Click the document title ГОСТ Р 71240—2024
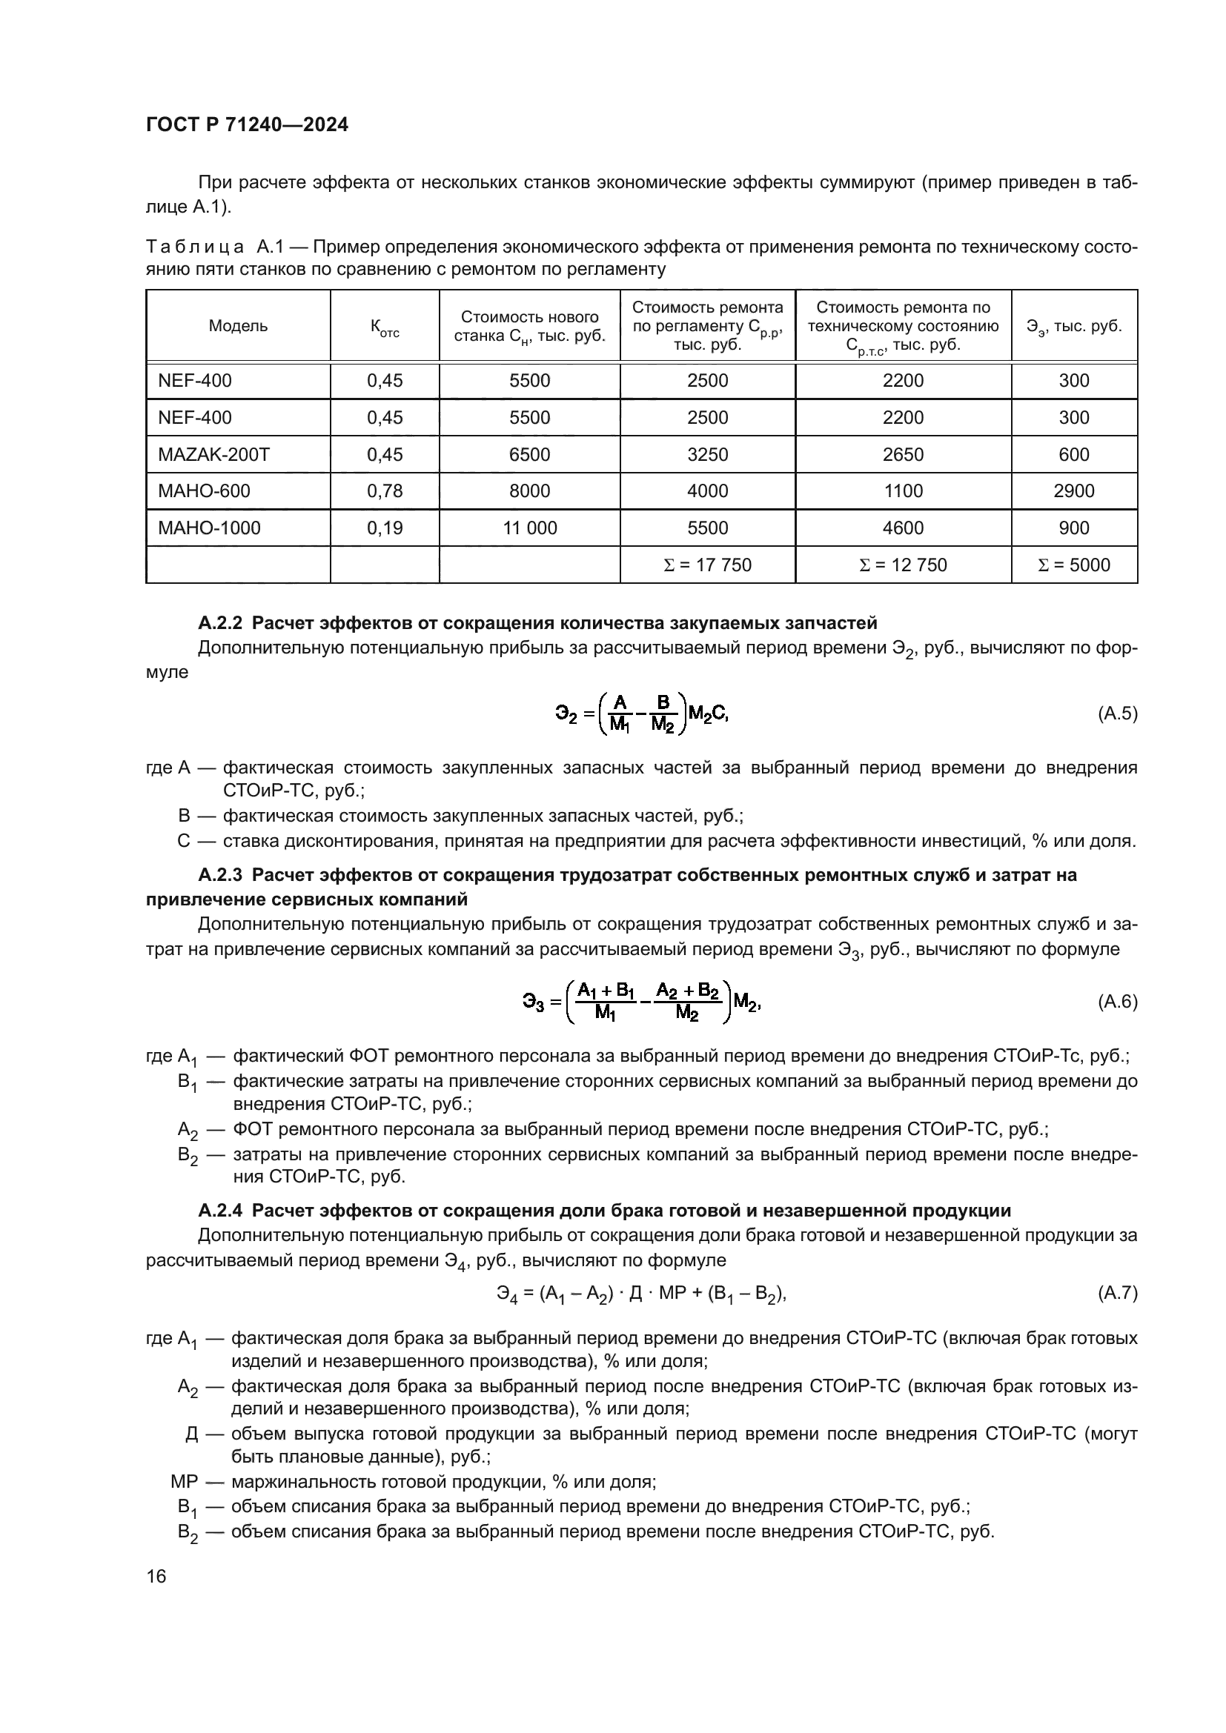point(247,125)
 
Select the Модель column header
point(238,326)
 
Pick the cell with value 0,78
point(384,491)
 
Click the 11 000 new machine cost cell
point(529,528)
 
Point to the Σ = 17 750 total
point(706,565)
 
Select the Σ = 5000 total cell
point(1073,565)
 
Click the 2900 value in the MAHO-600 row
point(1073,491)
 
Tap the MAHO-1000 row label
point(208,528)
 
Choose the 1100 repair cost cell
point(903,491)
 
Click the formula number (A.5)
point(1116,714)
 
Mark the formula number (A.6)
point(1116,1002)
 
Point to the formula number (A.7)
point(1116,1294)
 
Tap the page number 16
point(156,1577)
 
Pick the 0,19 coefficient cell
point(384,528)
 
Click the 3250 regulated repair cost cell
point(706,454)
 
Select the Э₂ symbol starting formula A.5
point(566,714)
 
